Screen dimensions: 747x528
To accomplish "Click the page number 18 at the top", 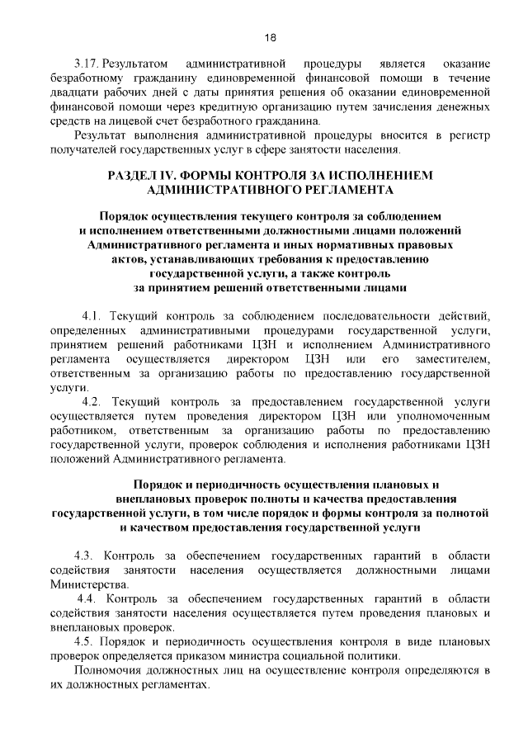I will coord(269,36).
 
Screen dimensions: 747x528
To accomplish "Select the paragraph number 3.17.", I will coord(86,64).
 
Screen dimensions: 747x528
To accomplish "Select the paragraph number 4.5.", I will coord(85,641).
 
